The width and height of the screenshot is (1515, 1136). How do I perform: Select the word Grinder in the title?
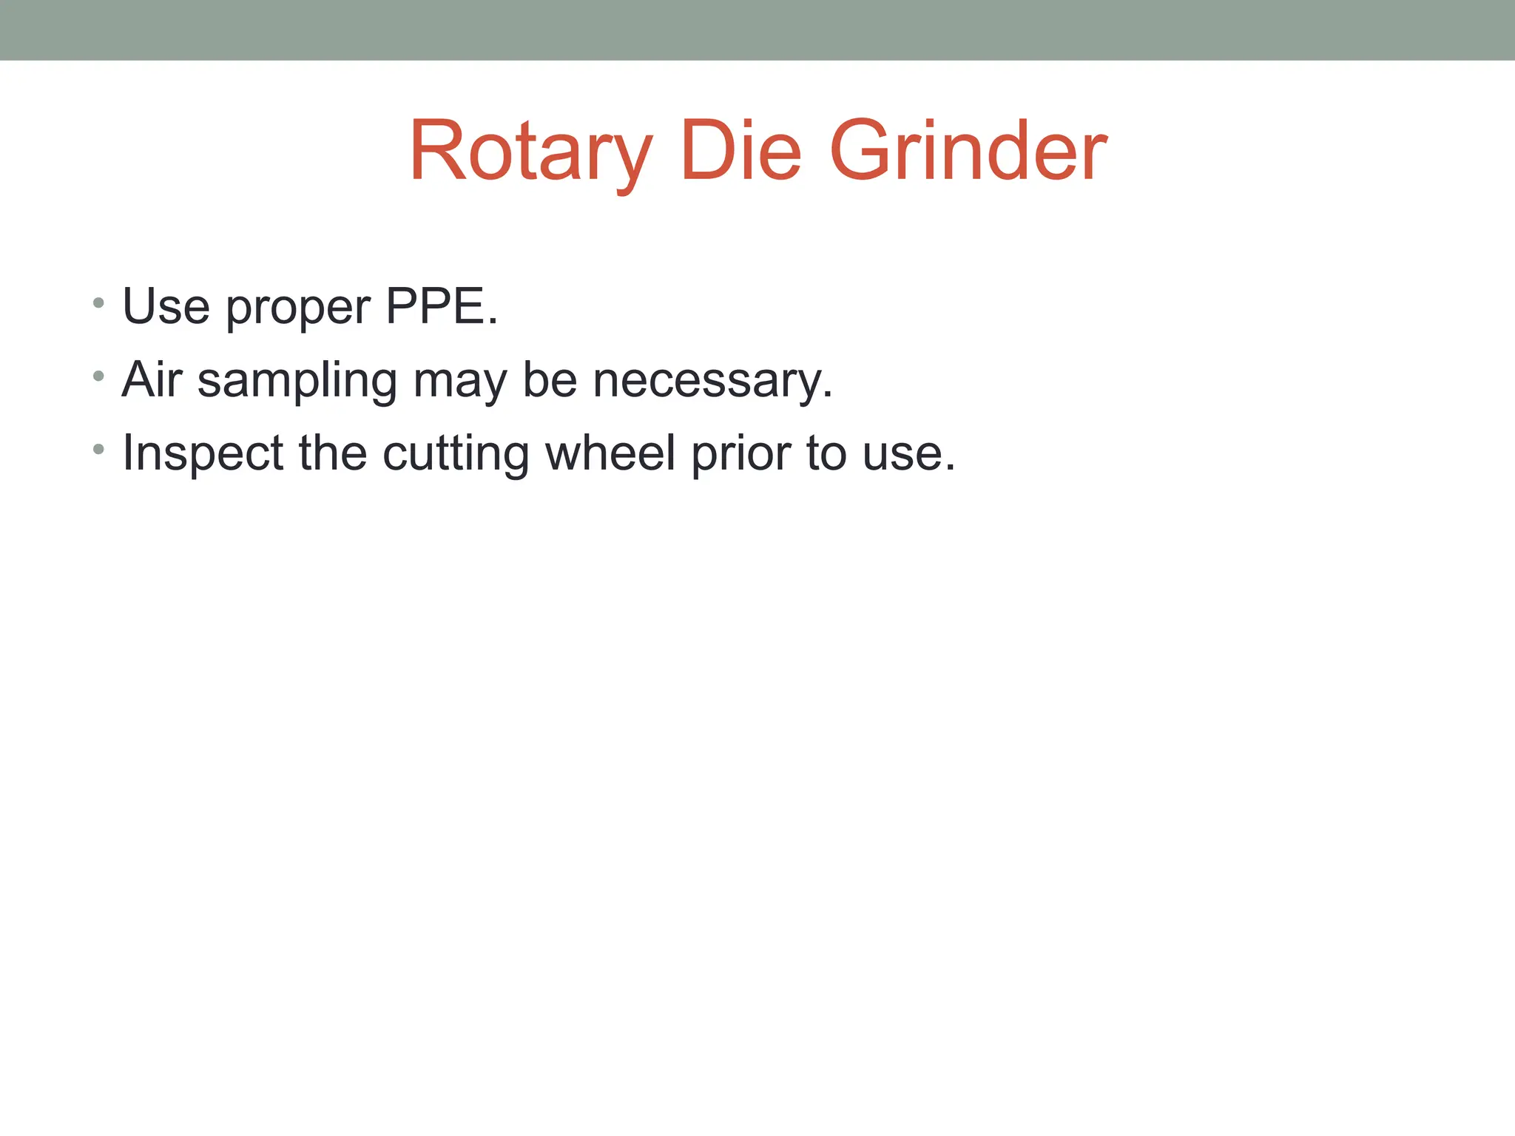pyautogui.click(x=968, y=151)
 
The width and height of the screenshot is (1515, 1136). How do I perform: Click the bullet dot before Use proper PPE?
pyautogui.click(x=98, y=303)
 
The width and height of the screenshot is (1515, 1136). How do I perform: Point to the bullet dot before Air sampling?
pyautogui.click(x=98, y=376)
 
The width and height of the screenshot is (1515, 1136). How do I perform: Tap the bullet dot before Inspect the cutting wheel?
pyautogui.click(x=98, y=449)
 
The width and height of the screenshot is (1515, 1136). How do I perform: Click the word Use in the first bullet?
pyautogui.click(x=166, y=306)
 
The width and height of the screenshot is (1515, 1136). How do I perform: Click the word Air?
pyautogui.click(x=152, y=379)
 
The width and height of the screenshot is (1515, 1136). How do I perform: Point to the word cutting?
pyautogui.click(x=456, y=454)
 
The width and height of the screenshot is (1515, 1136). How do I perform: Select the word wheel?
pyautogui.click(x=610, y=453)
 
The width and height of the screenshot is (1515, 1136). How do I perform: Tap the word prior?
pyautogui.click(x=741, y=454)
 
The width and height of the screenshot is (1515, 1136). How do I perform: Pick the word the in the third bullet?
pyautogui.click(x=333, y=453)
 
